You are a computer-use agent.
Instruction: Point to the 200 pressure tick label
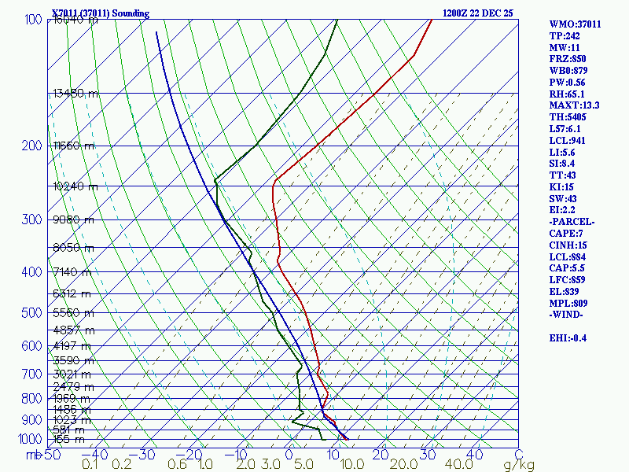click(x=33, y=146)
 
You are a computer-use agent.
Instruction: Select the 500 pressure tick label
click(x=33, y=314)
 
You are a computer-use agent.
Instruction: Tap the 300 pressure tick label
click(x=33, y=220)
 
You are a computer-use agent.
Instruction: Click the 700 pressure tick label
click(x=33, y=374)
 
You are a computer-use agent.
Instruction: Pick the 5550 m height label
click(x=73, y=312)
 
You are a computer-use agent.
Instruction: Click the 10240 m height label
click(x=75, y=186)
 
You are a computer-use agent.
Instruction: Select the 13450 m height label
click(x=75, y=94)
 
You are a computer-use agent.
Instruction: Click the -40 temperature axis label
click(x=95, y=455)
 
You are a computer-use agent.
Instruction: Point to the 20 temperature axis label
click(x=381, y=455)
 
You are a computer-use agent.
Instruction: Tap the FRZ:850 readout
click(x=568, y=59)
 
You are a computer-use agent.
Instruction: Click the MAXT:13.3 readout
click(x=575, y=105)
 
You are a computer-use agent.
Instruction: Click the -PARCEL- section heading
click(x=573, y=222)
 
